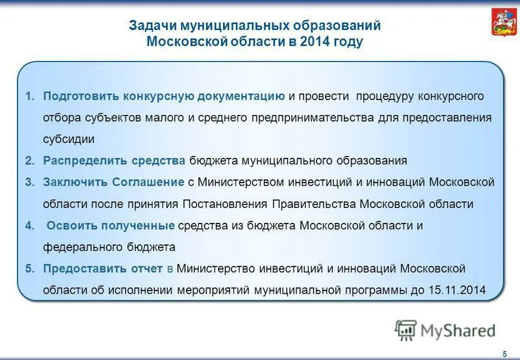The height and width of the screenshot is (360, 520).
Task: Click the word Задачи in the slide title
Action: coord(151,25)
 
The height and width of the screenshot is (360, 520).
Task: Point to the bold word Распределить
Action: coord(80,160)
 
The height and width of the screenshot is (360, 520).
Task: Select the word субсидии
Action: coord(69,138)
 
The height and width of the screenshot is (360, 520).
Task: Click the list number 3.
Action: coord(29,182)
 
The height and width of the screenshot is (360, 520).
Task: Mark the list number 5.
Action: coord(29,268)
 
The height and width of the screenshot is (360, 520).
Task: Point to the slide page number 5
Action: coord(505,353)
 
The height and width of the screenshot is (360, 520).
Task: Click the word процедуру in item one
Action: coord(384,96)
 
